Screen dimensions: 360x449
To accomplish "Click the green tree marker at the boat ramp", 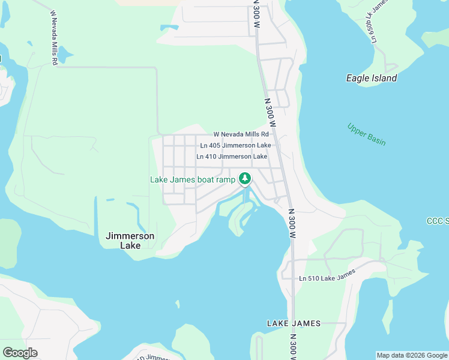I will point(244,178).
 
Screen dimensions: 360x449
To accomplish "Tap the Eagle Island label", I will point(372,78).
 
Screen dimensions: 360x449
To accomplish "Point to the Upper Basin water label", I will point(366,134).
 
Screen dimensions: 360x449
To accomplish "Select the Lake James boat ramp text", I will point(192,179).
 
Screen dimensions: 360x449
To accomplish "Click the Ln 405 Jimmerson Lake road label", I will point(235,145).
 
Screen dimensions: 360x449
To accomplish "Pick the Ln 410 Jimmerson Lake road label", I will point(232,157).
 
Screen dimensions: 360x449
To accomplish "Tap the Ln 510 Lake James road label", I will point(327,275).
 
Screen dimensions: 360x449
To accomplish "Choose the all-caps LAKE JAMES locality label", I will point(294,323).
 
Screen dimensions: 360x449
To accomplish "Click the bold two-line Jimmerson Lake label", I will point(130,241).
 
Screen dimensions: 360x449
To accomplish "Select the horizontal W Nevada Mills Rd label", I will point(240,134).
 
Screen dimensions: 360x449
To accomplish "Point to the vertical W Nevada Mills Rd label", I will point(54,37).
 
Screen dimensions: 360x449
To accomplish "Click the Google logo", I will point(20,353).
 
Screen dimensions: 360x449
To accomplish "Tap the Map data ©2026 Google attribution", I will point(412,355).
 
